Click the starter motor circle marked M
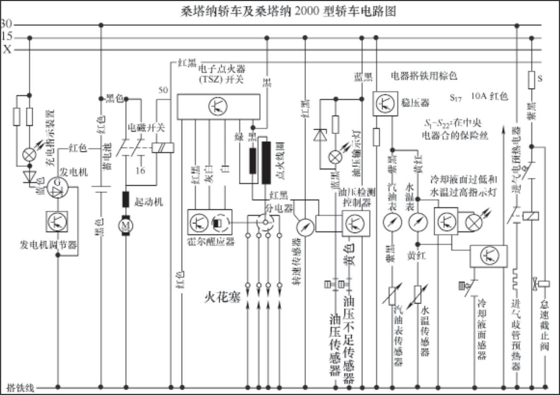[126, 225]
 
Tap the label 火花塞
[222, 297]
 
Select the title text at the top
[288, 11]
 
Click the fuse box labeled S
[532, 79]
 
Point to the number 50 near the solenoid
[163, 90]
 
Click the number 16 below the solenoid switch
[140, 171]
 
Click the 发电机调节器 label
[49, 245]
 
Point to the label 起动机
[149, 202]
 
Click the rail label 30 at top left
[6, 24]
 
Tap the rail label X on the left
[7, 50]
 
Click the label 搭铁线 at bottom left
[20, 387]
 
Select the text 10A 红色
[489, 96]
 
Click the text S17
[456, 98]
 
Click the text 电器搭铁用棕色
[423, 76]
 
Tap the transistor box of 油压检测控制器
[356, 222]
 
